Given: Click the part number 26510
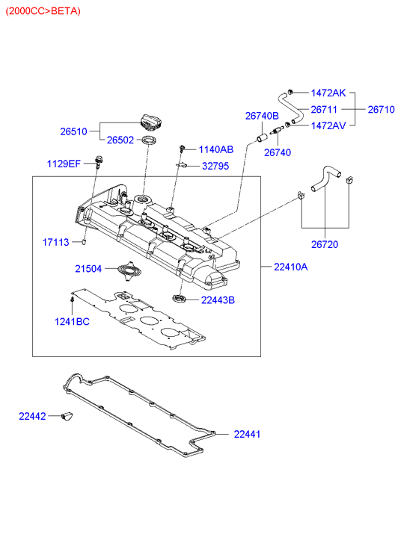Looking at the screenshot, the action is (73, 131).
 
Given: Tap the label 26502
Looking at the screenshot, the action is (120, 140).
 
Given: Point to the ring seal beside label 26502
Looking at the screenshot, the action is (149, 140).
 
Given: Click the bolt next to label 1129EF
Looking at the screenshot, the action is (98, 162).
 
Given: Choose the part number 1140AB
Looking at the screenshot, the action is (215, 149).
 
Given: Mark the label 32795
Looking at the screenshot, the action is (215, 167).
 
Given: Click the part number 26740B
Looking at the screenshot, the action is (262, 116).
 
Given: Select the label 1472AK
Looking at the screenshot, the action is (328, 93).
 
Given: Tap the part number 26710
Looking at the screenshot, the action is (381, 110).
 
